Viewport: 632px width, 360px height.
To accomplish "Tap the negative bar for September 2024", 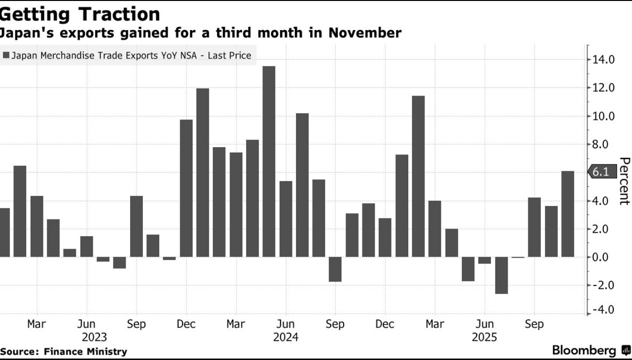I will (335, 269).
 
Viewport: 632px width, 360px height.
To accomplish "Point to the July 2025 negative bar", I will (501, 275).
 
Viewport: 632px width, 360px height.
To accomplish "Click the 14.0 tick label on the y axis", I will (603, 60).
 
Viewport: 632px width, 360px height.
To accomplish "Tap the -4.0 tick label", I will (603, 310).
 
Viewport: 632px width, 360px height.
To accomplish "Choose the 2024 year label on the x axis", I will (285, 338).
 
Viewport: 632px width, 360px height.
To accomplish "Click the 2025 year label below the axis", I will (484, 338).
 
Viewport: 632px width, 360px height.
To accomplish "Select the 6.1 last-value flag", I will (601, 172).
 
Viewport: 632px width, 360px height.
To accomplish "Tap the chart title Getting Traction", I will (80, 14).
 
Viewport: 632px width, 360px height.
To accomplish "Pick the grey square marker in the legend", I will (6, 56).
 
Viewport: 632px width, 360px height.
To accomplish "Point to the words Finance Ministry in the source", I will (86, 351).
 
